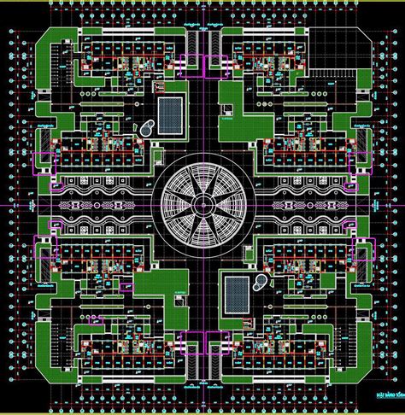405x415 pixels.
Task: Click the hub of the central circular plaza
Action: pos(202,206)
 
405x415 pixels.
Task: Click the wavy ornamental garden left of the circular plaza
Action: pos(103,206)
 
